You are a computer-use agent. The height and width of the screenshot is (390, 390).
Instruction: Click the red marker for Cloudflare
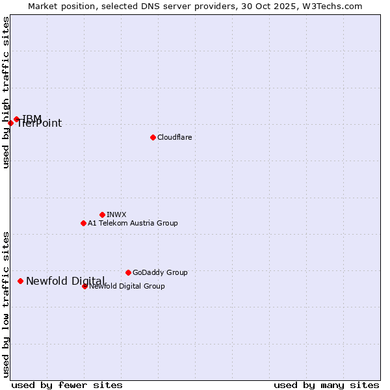[153, 137]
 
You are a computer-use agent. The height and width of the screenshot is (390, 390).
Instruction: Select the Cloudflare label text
[174, 137]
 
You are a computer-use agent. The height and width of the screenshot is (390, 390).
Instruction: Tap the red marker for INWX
[102, 214]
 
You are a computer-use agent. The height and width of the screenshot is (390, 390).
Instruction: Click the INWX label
[116, 214]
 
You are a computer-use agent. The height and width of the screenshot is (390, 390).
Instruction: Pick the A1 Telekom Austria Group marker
[83, 223]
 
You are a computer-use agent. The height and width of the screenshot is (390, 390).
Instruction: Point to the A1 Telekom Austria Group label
[133, 223]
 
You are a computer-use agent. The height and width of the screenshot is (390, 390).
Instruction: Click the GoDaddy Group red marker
[128, 272]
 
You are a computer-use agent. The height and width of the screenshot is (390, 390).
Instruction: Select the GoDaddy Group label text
[160, 272]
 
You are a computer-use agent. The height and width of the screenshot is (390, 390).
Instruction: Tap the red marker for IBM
[17, 119]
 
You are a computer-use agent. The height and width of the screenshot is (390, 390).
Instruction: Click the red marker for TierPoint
[10, 123]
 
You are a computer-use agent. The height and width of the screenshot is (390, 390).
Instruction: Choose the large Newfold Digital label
[65, 281]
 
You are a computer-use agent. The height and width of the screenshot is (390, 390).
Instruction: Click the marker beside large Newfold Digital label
[20, 281]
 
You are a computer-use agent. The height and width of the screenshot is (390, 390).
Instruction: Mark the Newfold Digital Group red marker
[84, 286]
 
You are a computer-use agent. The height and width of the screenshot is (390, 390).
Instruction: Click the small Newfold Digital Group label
[127, 286]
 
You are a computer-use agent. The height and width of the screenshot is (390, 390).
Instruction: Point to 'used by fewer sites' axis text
[67, 385]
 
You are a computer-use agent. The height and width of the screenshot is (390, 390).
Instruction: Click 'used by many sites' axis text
[326, 385]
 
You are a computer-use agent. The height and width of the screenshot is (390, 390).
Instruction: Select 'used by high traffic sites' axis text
[6, 92]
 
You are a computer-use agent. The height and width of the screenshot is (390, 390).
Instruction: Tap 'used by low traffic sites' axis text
[6, 304]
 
